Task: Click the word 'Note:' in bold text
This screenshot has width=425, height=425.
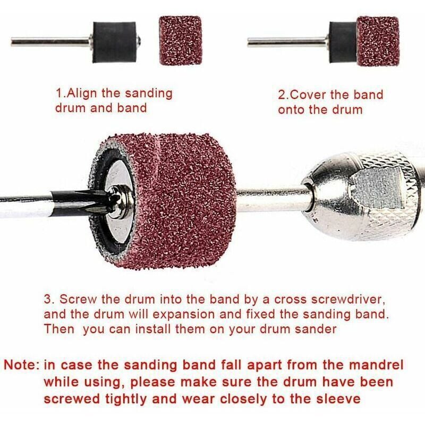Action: click(22, 366)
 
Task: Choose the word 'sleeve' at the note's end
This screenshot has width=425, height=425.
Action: click(339, 398)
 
